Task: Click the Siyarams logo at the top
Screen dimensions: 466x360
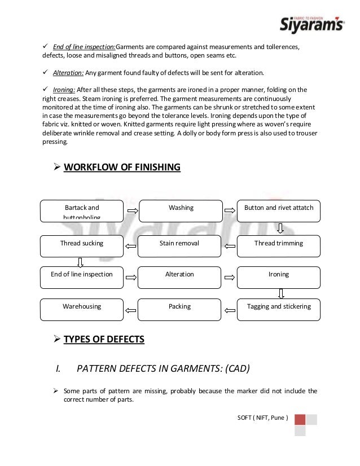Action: coord(312,23)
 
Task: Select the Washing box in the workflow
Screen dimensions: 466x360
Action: coord(181,210)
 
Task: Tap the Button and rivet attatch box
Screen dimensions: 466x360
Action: coord(279,210)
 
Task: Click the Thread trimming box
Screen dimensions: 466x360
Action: coord(279,246)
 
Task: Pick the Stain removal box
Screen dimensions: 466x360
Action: coord(179,246)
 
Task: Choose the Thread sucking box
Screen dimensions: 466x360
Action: coord(82,246)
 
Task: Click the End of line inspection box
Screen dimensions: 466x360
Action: coord(82,277)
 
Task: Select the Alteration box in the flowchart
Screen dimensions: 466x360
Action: coord(179,277)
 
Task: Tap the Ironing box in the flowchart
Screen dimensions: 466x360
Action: coord(279,277)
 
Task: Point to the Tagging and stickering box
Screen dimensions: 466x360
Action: coord(279,309)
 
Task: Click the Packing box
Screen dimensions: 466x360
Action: coord(179,309)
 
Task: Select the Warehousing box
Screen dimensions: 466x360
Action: coord(82,309)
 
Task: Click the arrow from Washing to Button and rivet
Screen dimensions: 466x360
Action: coord(230,211)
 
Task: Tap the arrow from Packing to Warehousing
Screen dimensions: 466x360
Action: coord(130,310)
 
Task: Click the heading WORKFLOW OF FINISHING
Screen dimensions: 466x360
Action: coord(122,167)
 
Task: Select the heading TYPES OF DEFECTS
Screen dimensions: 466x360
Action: coord(104,339)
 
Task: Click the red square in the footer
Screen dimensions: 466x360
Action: coord(300,420)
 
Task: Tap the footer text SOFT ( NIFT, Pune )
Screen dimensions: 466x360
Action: coord(263,418)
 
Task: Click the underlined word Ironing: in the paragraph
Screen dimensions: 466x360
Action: coord(64,90)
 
